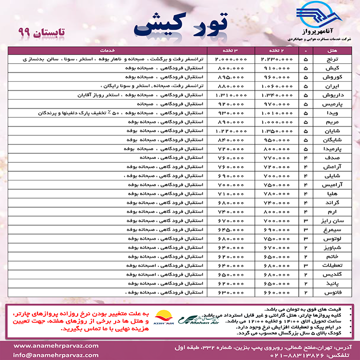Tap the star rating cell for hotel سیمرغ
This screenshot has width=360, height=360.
[306, 230]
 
